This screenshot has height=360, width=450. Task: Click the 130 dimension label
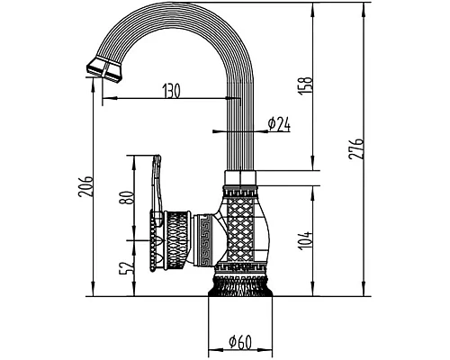(172, 91)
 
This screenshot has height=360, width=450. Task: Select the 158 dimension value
(306, 86)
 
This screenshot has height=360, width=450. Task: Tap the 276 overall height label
(356, 149)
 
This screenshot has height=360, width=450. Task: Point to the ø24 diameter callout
(279, 124)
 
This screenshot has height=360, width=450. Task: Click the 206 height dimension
(85, 186)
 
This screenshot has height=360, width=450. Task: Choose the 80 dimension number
(126, 198)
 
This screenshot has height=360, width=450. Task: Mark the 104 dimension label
(306, 241)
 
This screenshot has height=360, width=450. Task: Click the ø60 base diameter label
(240, 342)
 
